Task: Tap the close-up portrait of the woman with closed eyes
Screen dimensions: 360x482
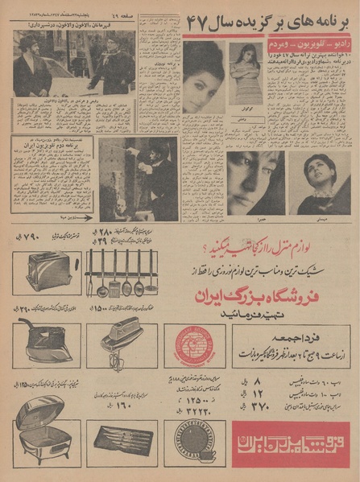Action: pos(257,183)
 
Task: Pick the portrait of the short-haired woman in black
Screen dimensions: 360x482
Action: pos(320,183)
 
